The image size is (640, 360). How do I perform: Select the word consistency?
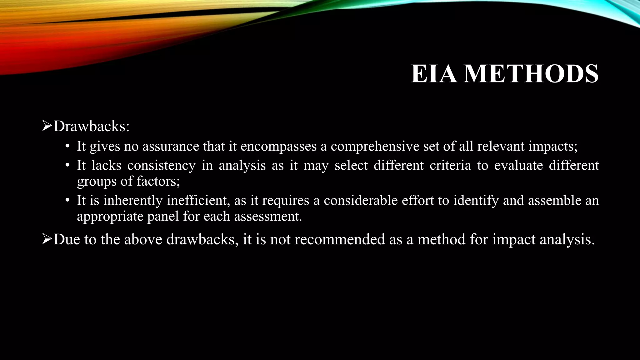tap(161, 165)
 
